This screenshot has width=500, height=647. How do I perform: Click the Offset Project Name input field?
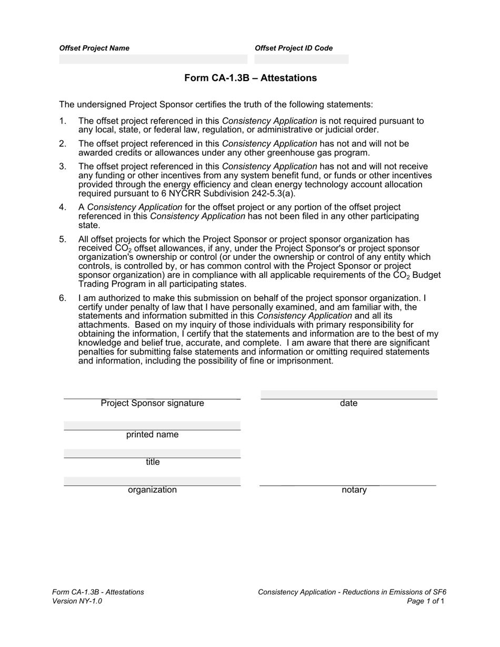click(153, 59)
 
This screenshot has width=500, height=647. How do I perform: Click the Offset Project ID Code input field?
click(301, 59)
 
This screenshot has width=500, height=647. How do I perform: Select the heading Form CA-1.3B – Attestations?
click(251, 78)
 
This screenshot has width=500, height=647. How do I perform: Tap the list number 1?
click(63, 121)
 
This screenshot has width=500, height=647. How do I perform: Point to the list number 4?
click(63, 207)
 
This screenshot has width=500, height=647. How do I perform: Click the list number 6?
click(63, 298)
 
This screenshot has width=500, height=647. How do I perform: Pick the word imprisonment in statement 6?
click(305, 361)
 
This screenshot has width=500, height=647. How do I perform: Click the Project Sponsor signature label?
click(152, 403)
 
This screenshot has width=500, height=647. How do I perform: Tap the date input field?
click(349, 395)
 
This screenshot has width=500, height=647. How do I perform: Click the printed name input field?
click(152, 426)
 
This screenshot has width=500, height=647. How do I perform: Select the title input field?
click(152, 453)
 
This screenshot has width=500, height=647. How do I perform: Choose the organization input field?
click(152, 481)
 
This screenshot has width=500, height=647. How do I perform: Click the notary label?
click(354, 490)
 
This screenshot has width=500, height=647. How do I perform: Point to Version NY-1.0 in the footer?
click(77, 601)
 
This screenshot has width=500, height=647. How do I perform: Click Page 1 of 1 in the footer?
click(426, 601)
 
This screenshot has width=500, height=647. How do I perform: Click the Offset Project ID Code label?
click(294, 48)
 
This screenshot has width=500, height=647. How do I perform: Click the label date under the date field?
click(349, 403)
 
